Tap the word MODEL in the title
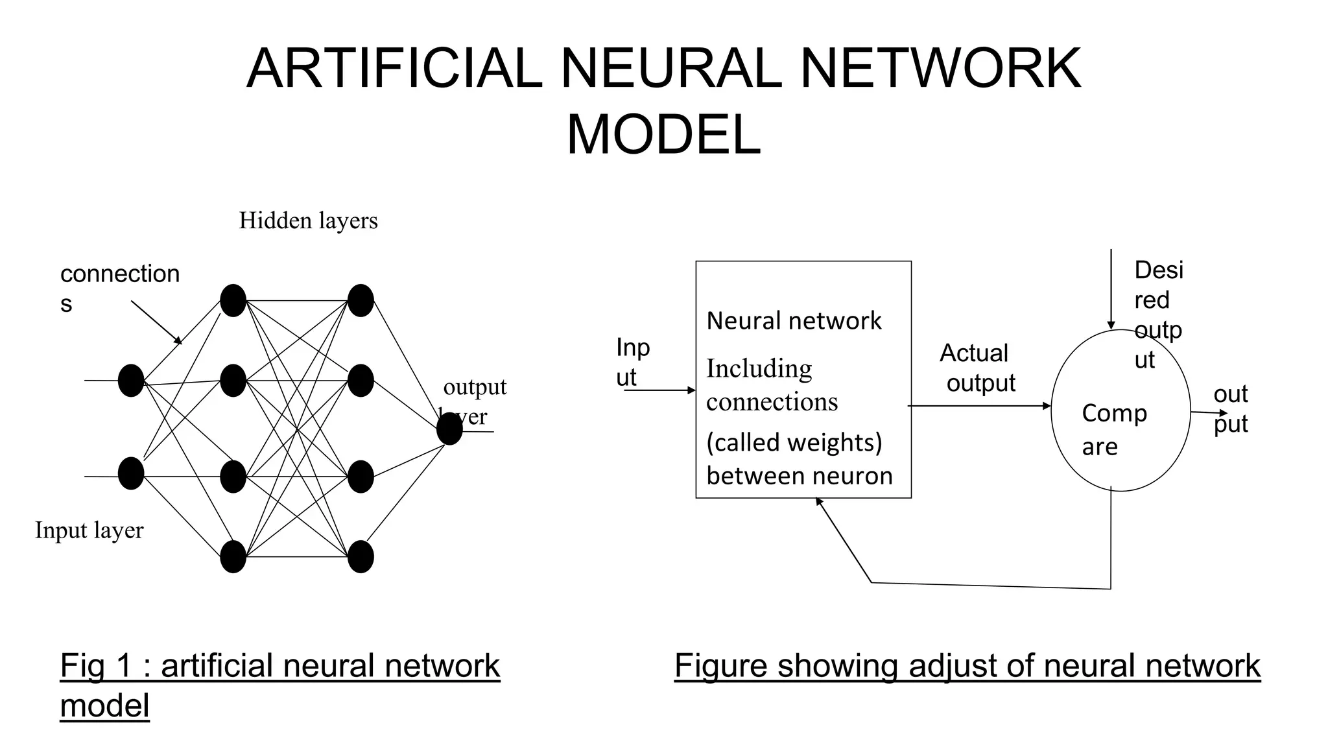click(x=663, y=135)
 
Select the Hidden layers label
click(x=308, y=220)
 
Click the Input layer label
click(x=89, y=530)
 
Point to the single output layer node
click(x=449, y=429)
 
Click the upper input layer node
click(x=131, y=381)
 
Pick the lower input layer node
click(x=131, y=473)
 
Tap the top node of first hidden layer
click(x=233, y=300)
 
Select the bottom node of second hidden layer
click(x=361, y=557)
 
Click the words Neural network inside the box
click(x=793, y=321)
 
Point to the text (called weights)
click(x=794, y=442)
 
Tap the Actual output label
click(x=977, y=368)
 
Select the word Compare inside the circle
click(x=1113, y=429)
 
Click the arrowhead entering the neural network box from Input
click(x=692, y=390)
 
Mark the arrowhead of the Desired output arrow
click(x=1111, y=326)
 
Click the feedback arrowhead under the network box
click(x=818, y=501)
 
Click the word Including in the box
click(x=759, y=368)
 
